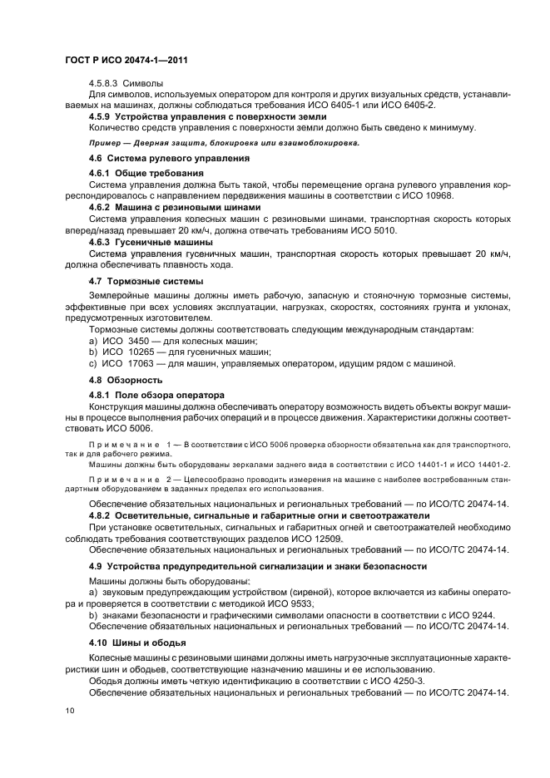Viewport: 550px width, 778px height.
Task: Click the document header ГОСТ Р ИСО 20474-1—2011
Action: coord(122,61)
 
